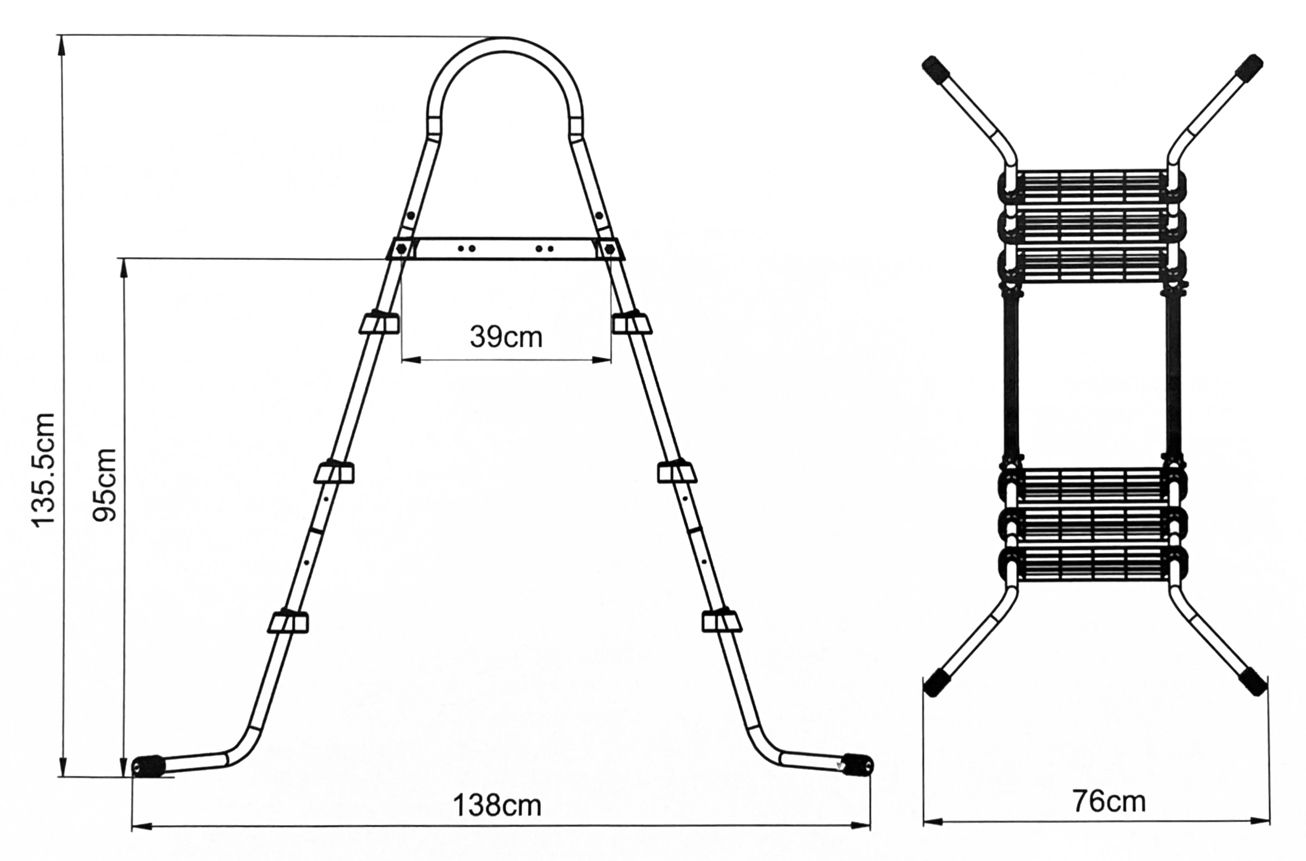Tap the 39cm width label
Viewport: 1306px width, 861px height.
click(506, 337)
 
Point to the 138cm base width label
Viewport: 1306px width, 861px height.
click(497, 806)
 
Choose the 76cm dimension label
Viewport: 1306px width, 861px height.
click(1109, 801)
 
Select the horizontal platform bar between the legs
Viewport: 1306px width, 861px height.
click(505, 248)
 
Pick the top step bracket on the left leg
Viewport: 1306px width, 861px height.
click(379, 322)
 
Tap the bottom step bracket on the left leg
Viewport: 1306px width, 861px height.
click(288, 621)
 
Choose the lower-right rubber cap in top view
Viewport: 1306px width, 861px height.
click(1253, 681)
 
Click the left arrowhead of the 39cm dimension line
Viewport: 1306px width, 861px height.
click(411, 360)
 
